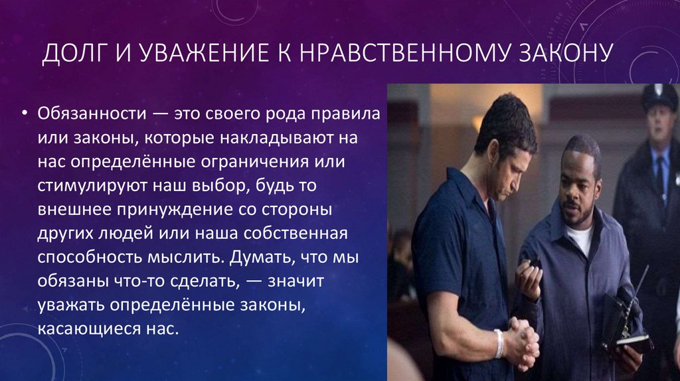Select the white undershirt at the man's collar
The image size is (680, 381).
click(x=580, y=238)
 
